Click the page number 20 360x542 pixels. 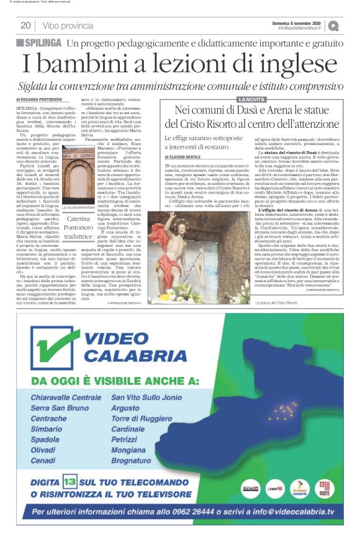[26, 25]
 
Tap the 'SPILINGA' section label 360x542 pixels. [39, 43]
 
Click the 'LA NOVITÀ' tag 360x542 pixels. [251, 99]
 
